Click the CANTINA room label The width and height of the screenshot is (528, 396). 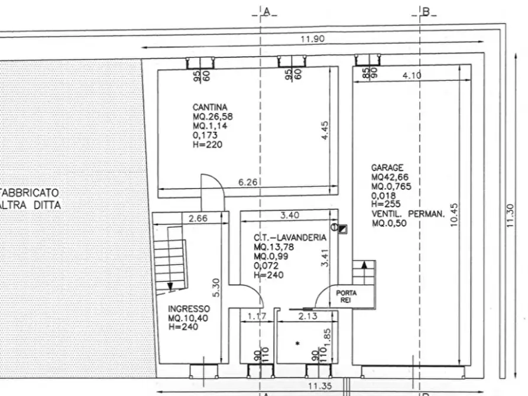(210, 108)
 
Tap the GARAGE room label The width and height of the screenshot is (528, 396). (387, 168)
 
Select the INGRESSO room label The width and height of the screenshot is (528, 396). (189, 309)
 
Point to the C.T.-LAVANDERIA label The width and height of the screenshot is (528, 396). (290, 238)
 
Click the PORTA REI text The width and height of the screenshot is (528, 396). (346, 296)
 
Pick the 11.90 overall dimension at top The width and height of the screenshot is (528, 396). (313, 39)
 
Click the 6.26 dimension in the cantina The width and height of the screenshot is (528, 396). (248, 182)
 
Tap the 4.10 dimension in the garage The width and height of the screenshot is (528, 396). (412, 75)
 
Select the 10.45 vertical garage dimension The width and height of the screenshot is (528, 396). (454, 215)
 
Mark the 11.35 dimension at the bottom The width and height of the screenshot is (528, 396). (320, 386)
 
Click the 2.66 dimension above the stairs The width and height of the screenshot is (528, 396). (198, 219)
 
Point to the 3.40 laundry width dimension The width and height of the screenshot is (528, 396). (290, 215)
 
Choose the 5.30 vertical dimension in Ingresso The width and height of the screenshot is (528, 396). (216, 288)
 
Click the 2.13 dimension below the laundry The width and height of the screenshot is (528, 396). (308, 316)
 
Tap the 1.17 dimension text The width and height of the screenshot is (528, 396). (257, 316)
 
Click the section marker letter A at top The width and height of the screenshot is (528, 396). (267, 12)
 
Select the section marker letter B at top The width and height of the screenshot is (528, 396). (426, 12)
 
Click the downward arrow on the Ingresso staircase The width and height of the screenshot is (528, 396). (170, 287)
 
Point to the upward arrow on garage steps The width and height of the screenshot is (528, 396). (364, 264)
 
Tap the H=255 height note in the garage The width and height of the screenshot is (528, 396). (386, 204)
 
